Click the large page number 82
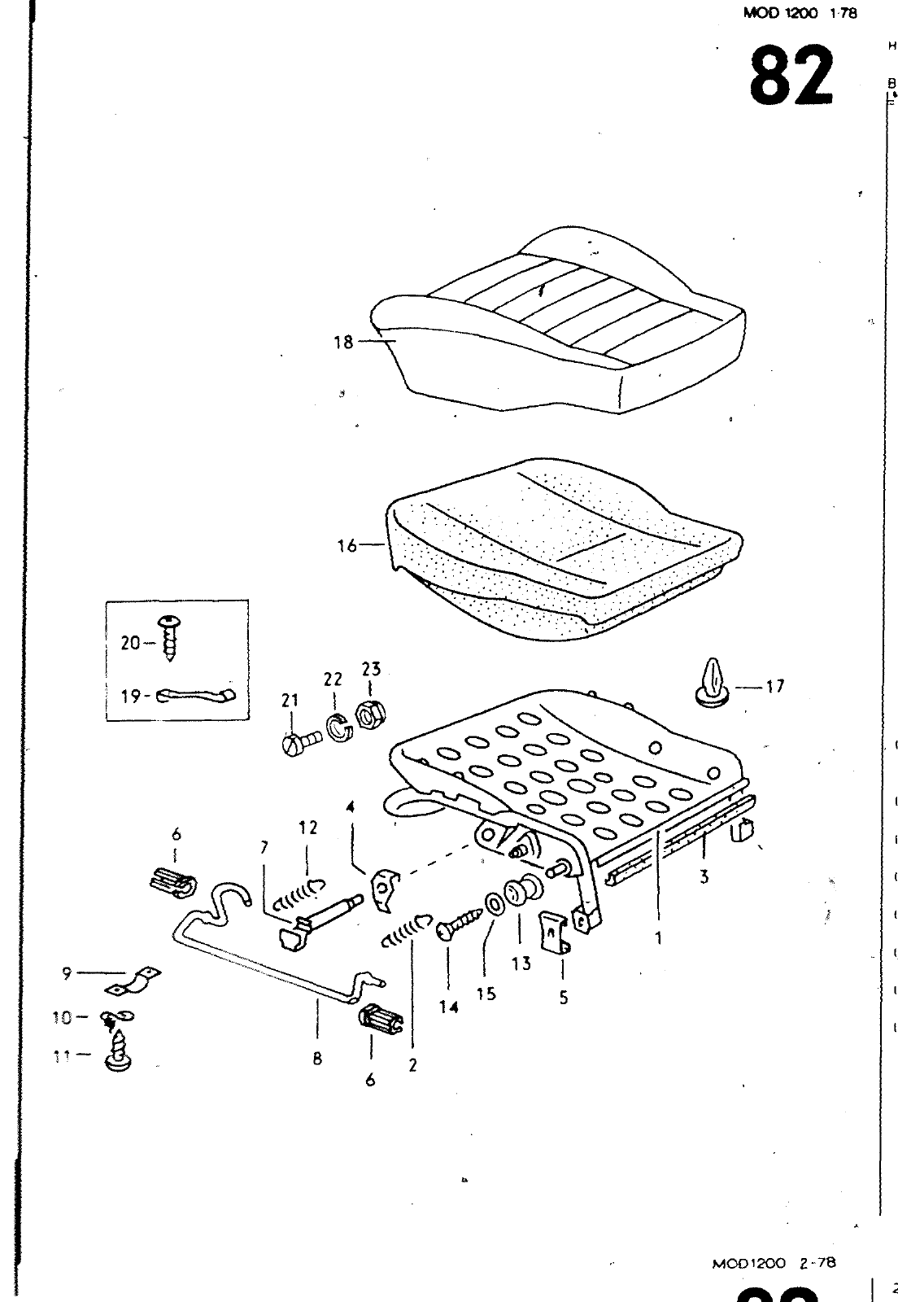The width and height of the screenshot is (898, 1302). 791,76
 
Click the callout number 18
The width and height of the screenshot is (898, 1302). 343,343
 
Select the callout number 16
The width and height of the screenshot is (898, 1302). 347,545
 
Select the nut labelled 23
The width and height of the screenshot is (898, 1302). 370,716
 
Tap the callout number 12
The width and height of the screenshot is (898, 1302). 308,828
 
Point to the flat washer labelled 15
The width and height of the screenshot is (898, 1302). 493,905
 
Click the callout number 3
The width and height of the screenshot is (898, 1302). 704,877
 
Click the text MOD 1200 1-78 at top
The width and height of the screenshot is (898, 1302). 800,13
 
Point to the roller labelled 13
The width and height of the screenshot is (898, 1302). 521,893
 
